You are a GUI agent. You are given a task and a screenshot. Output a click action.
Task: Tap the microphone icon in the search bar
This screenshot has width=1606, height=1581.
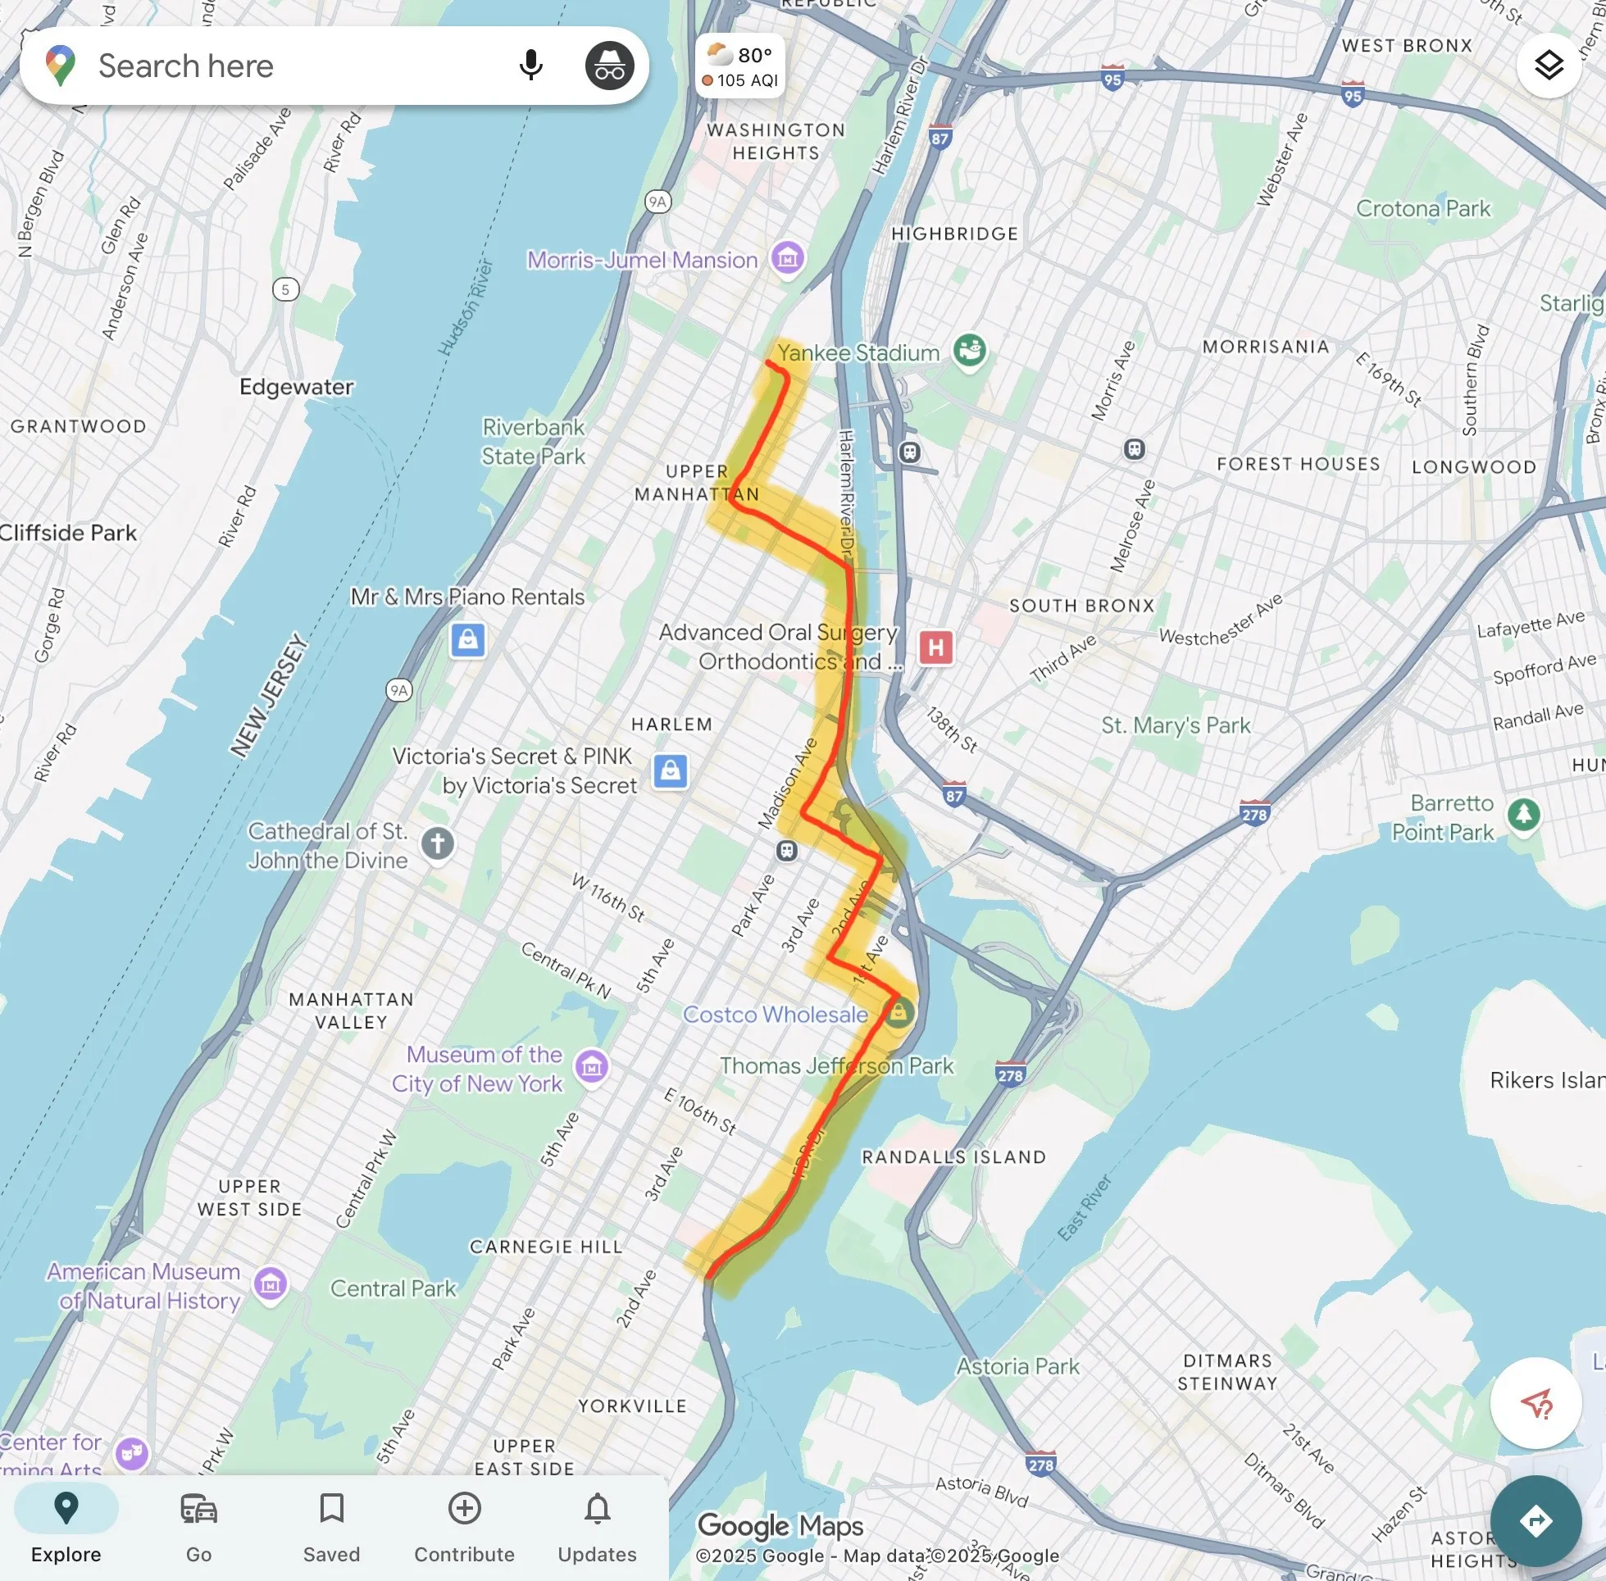[x=530, y=65]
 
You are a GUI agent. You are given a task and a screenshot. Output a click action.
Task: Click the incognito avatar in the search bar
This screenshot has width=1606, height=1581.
[x=609, y=66]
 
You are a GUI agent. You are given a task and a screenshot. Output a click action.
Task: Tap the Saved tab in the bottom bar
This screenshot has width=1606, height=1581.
[x=331, y=1527]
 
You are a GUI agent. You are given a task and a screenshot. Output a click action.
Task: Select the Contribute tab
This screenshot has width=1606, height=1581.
[x=464, y=1527]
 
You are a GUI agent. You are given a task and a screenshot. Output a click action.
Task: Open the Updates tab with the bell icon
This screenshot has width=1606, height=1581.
[x=597, y=1527]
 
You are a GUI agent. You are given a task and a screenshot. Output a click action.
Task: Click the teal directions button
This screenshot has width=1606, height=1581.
[x=1535, y=1521]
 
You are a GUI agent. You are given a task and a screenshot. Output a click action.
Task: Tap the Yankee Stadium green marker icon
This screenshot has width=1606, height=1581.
[x=969, y=350]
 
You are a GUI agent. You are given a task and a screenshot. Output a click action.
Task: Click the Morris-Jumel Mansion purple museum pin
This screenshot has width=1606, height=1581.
[x=787, y=258]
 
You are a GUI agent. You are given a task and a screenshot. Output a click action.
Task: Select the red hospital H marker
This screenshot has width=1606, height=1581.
[x=936, y=647]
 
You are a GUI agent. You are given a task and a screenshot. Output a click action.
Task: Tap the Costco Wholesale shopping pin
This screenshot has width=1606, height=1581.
[x=898, y=1012]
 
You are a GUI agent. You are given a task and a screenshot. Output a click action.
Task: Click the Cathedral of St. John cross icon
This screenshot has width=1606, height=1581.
[x=438, y=843]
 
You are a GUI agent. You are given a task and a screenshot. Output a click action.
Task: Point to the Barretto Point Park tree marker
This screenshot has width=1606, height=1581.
[x=1524, y=815]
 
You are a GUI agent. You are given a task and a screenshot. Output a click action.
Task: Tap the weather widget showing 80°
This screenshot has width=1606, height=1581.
[x=740, y=66]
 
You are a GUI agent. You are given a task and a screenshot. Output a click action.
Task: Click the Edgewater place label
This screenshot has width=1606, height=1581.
[x=297, y=387]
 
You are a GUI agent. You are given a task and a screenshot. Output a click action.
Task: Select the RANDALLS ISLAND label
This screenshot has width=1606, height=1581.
[x=953, y=1156]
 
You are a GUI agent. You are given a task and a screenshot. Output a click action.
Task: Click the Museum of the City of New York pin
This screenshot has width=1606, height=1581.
[x=592, y=1066]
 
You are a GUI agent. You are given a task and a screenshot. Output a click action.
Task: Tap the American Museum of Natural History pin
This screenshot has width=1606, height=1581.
[x=270, y=1283]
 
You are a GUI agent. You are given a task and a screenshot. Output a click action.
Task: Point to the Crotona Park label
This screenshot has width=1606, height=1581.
[x=1422, y=208]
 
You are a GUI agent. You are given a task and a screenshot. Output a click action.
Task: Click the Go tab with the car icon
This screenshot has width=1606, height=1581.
[x=198, y=1527]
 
